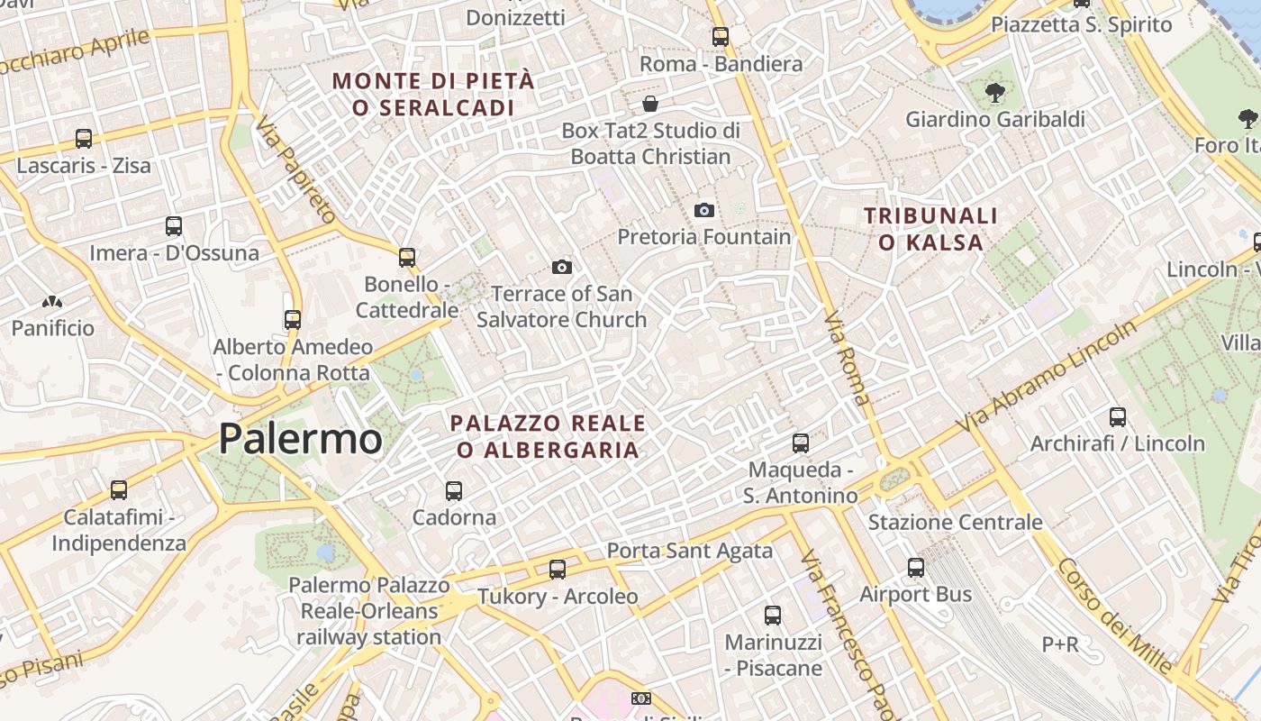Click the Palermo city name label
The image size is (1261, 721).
click(x=300, y=439)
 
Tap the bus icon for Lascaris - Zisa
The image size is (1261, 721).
click(x=84, y=139)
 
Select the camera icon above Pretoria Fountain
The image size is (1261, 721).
click(x=704, y=210)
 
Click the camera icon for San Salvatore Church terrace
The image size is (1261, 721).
click(x=562, y=267)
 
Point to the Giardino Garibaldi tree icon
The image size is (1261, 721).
click(x=994, y=92)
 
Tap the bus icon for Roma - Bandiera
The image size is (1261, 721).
click(x=721, y=37)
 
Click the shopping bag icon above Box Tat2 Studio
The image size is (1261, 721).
click(x=650, y=104)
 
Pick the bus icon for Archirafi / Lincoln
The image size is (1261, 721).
click(x=1118, y=416)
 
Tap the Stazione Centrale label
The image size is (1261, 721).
click(x=955, y=522)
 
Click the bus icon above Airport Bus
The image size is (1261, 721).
click(x=916, y=567)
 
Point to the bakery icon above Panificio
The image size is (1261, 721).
click(x=52, y=302)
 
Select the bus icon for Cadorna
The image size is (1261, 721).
click(x=454, y=491)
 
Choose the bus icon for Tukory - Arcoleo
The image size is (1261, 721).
click(x=558, y=570)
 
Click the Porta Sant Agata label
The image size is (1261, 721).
click(x=689, y=550)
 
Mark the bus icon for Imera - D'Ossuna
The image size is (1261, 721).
click(x=174, y=226)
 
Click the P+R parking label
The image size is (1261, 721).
click(x=1059, y=644)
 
